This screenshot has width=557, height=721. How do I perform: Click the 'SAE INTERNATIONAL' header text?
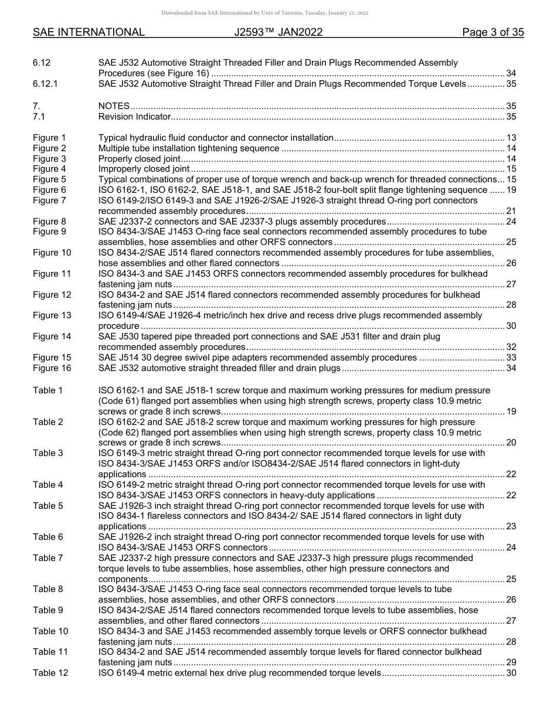click(x=89, y=33)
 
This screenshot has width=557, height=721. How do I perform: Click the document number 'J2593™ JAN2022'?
click(x=278, y=33)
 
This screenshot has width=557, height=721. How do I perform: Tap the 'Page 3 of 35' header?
click(x=493, y=33)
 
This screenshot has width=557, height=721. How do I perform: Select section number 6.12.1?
click(x=45, y=84)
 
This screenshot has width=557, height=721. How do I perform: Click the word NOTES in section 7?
click(x=114, y=106)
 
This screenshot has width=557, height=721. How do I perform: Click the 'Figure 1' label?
click(x=49, y=138)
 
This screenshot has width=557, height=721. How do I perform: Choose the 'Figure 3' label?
click(x=49, y=159)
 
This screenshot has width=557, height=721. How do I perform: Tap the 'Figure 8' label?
click(x=49, y=222)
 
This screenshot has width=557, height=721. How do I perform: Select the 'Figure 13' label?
click(x=52, y=315)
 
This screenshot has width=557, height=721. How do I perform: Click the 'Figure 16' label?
click(x=52, y=368)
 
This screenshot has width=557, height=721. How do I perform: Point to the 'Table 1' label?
click(x=47, y=390)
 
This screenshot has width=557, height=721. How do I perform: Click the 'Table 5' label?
click(x=47, y=506)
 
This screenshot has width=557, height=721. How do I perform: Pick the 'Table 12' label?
click(x=50, y=673)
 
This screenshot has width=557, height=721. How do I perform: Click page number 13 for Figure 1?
click(x=511, y=138)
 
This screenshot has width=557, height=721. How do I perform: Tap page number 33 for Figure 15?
click(x=511, y=358)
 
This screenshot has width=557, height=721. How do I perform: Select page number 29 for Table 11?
click(x=511, y=662)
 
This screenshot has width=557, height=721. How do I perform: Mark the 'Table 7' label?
click(x=47, y=558)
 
